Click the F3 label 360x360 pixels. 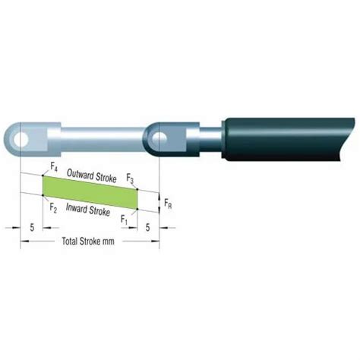tap(131, 179)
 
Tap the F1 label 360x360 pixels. tap(125, 219)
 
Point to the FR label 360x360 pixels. tap(169, 204)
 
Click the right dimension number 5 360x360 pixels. tap(146, 226)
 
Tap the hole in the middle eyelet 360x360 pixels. tap(162, 137)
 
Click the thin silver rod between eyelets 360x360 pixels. tap(106, 137)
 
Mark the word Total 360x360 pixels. tap(70, 242)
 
